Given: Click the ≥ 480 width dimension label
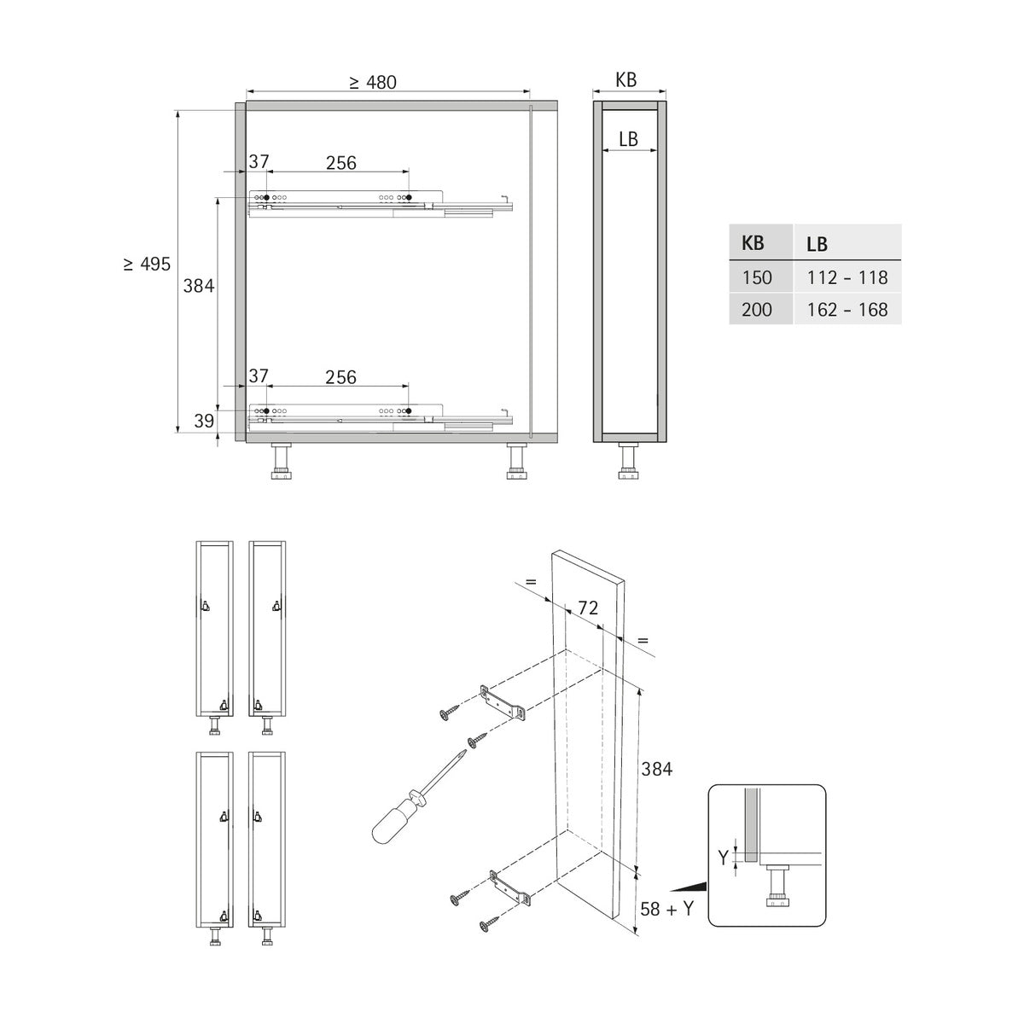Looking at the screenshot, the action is [373, 83].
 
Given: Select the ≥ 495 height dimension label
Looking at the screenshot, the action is [147, 264].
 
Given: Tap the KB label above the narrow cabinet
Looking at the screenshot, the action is [626, 79].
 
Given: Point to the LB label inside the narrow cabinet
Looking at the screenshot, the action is [628, 139].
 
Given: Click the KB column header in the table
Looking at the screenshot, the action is [753, 243].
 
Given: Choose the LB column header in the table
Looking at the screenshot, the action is [817, 244].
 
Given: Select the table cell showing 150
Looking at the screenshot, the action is [757, 277].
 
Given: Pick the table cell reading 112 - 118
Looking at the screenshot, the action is [847, 277].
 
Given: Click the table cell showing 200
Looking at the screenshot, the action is [757, 309].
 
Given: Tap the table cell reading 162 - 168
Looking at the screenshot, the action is [847, 309].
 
